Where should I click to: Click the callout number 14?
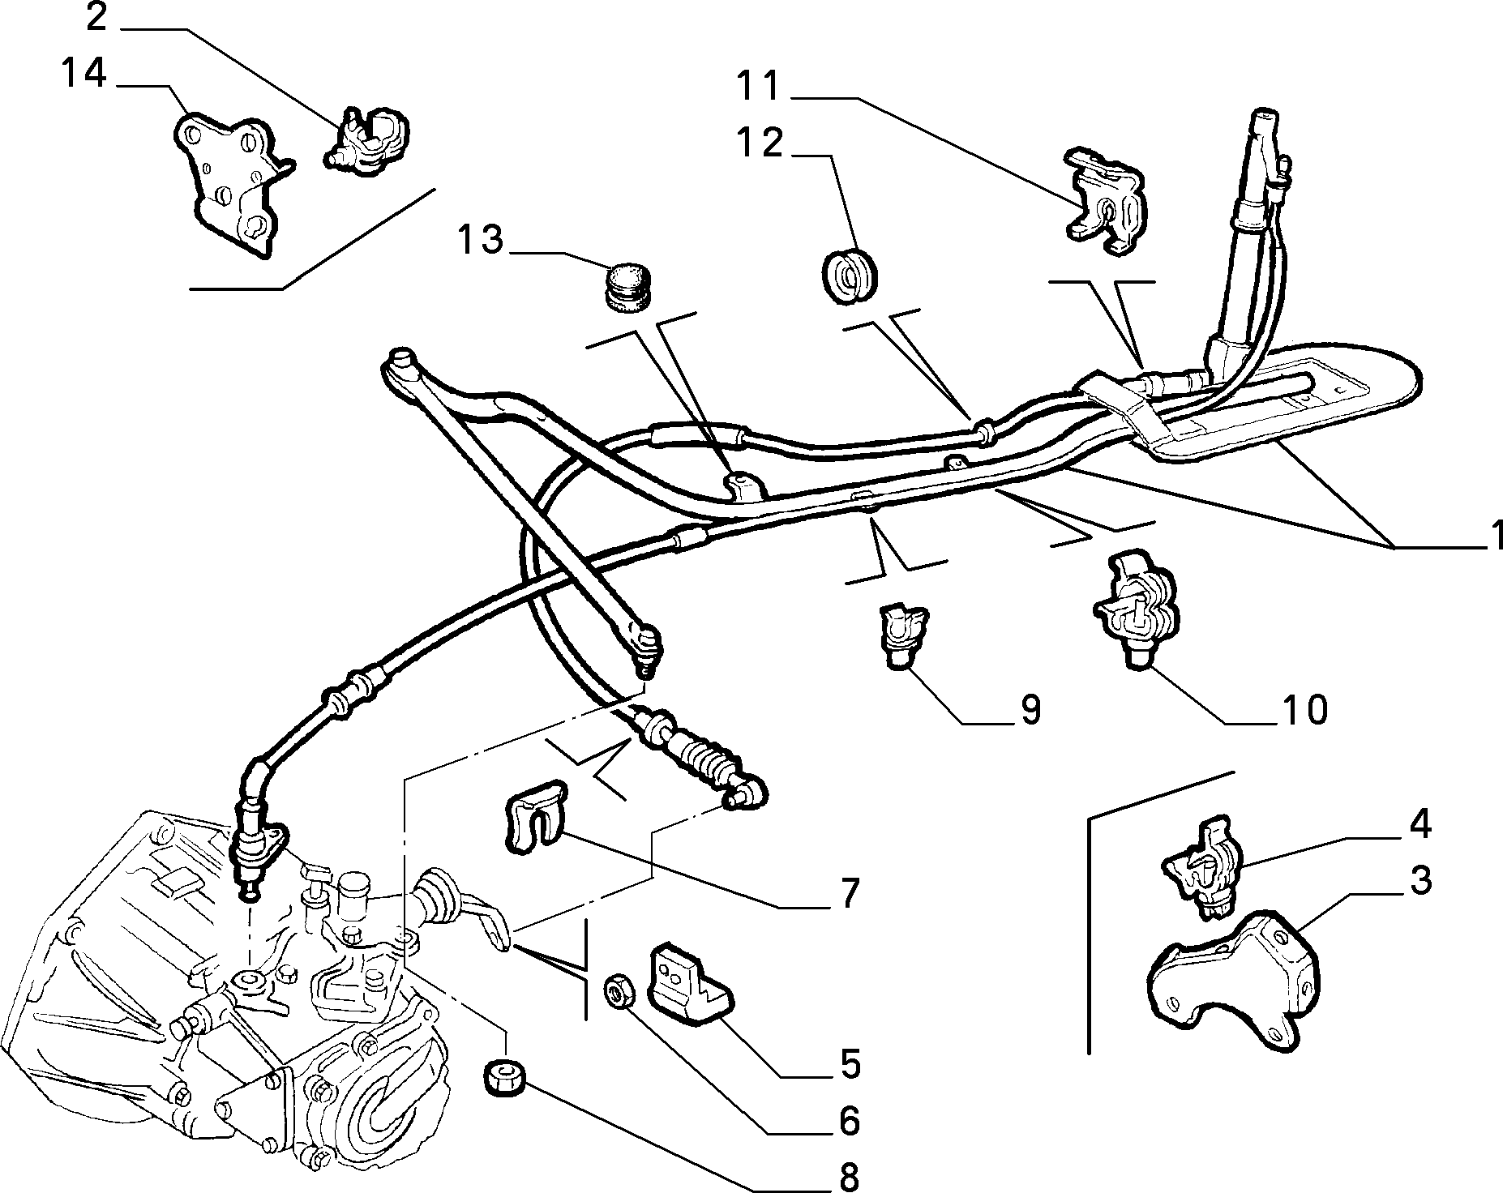point(84,75)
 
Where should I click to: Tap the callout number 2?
point(96,17)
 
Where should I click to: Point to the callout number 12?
point(761,143)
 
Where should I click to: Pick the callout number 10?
point(1304,709)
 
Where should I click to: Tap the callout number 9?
point(1029,710)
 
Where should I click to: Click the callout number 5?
point(849,1064)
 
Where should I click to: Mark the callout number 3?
point(1419,880)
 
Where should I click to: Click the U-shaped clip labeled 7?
point(534,815)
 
